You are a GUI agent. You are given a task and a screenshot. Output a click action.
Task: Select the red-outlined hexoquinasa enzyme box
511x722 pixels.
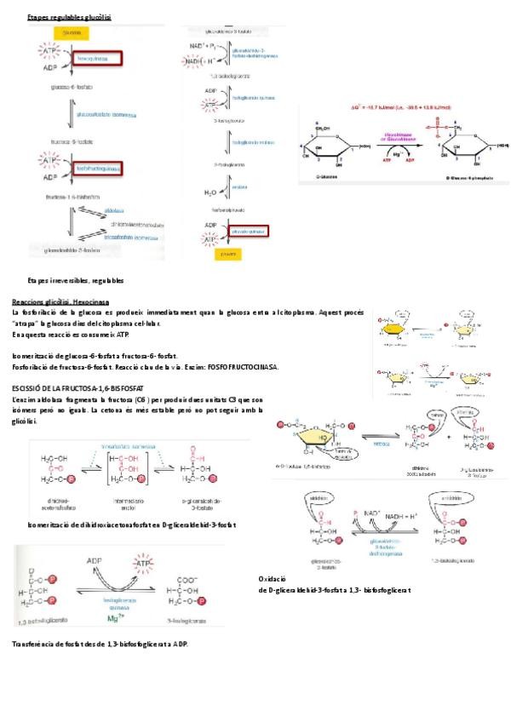click(98, 59)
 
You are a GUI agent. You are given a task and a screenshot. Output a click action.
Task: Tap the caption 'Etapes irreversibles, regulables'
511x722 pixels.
click(75, 280)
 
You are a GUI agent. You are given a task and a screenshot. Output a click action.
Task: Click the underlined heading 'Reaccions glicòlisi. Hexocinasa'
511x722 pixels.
click(60, 302)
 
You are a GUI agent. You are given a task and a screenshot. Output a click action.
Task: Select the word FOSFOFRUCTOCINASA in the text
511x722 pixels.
click(243, 367)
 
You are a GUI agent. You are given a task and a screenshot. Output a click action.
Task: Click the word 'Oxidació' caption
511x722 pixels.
click(270, 578)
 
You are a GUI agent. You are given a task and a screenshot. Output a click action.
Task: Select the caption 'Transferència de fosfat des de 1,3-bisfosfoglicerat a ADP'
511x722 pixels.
click(100, 644)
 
